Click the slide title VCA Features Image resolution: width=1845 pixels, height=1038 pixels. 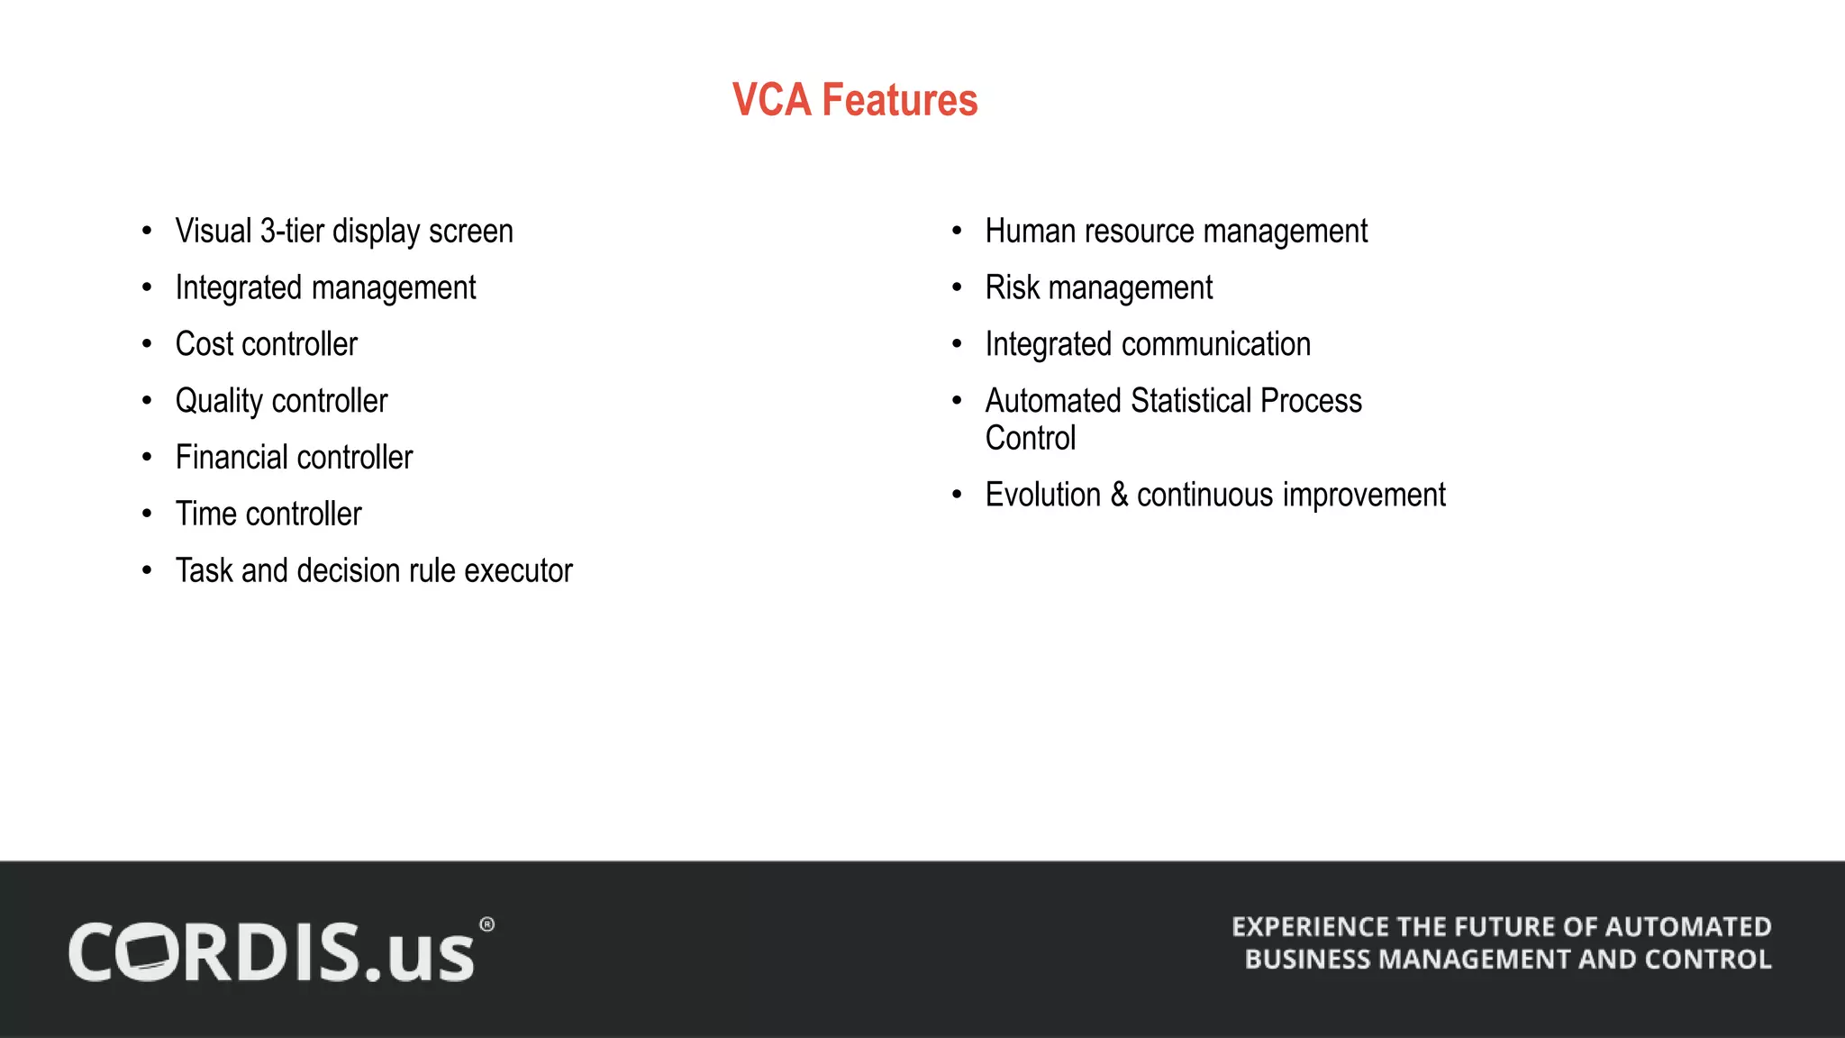coord(854,100)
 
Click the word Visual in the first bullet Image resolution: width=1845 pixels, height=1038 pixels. coord(214,232)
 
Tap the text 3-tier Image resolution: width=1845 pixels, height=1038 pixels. coord(292,232)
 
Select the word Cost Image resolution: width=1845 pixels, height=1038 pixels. coord(204,344)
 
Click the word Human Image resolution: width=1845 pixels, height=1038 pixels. coord(1031,232)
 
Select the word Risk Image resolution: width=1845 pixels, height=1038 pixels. coord(1013,288)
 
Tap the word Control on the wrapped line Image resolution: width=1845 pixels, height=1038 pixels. coord(1031,439)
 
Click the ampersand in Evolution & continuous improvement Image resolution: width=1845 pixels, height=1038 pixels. coord(1119,495)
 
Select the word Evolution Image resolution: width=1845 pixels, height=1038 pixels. coord(1043,496)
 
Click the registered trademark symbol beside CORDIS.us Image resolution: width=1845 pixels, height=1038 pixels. coord(486,924)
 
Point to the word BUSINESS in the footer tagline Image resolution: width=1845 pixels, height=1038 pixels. coord(1307,960)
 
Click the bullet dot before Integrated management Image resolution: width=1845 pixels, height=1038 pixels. coord(147,288)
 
